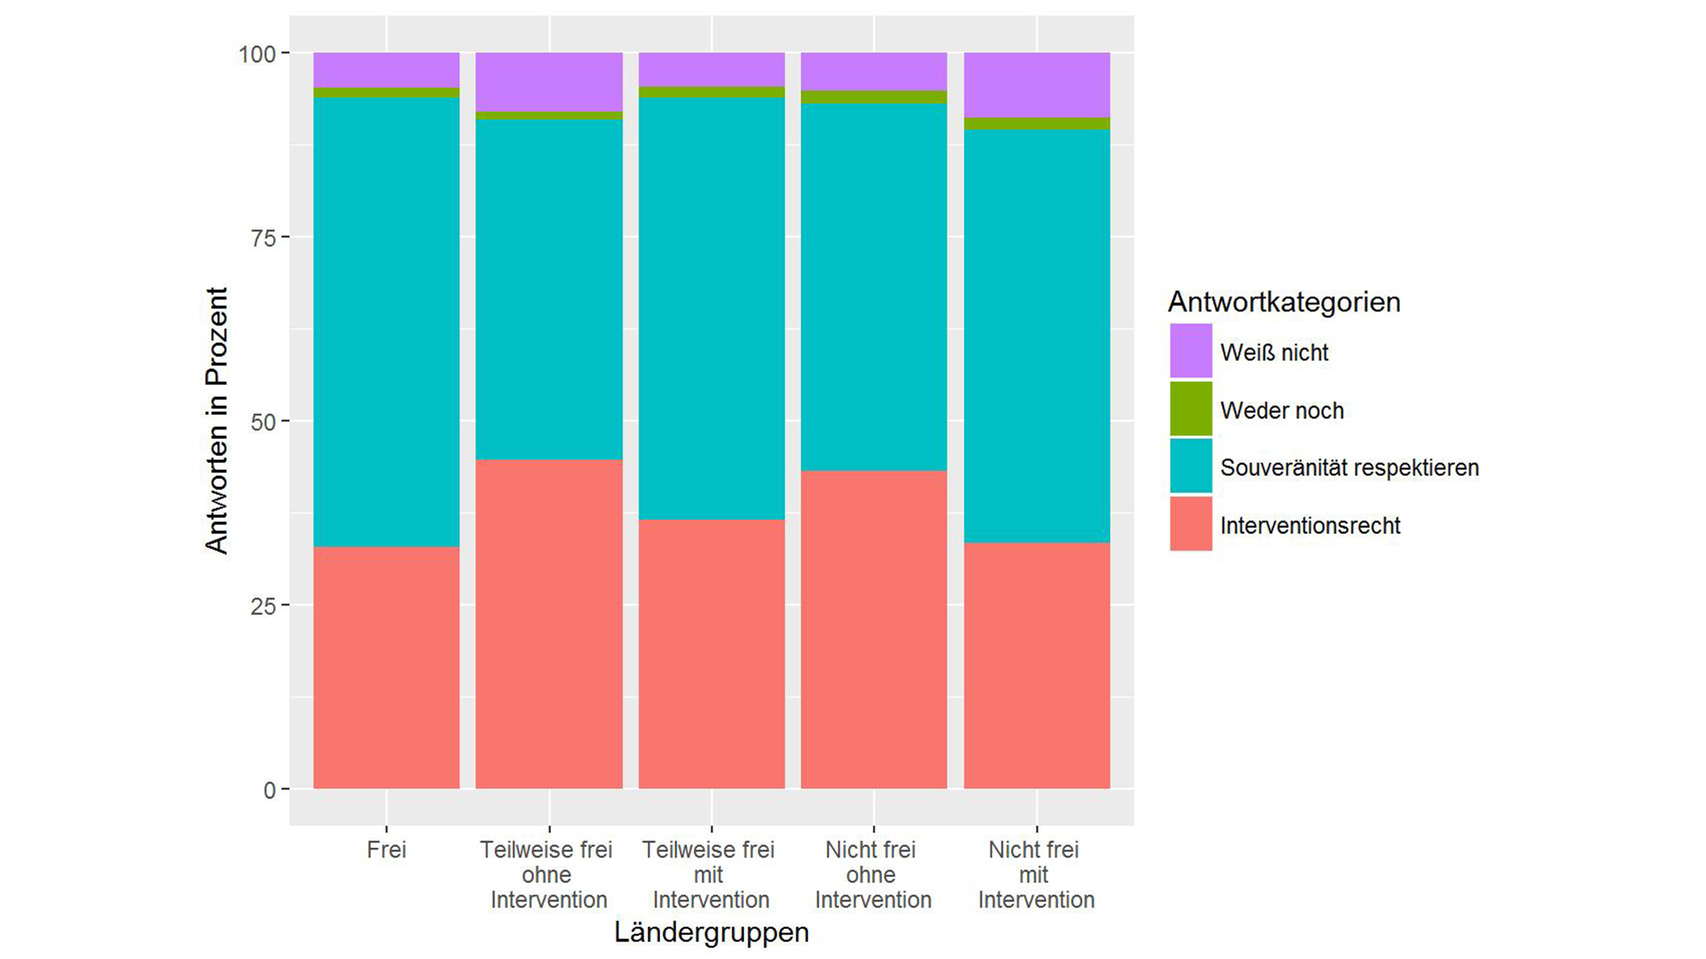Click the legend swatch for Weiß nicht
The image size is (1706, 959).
[x=1191, y=351]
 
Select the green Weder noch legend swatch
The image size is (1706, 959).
[x=1191, y=409]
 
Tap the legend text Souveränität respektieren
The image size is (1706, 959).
[x=1349, y=467]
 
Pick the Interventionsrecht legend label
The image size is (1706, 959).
[x=1309, y=526]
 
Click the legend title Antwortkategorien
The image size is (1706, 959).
[x=1284, y=302]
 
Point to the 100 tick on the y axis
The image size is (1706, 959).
[x=257, y=54]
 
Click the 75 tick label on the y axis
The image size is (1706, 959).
[x=262, y=238]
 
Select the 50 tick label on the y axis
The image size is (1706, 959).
[x=262, y=422]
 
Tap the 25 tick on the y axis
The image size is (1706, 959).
[x=262, y=606]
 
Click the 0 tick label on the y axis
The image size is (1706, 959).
[x=269, y=790]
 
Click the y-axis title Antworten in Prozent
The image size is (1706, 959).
[x=216, y=421]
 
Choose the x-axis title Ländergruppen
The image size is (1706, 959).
[x=711, y=932]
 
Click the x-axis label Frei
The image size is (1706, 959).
[x=386, y=850]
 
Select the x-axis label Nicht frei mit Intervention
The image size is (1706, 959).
[x=1036, y=874]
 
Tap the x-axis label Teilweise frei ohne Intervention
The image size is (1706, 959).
[x=548, y=874]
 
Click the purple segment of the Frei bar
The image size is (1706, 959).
[x=386, y=70]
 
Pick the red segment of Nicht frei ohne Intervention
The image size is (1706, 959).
[x=874, y=629]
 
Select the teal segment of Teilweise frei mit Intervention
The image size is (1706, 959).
[x=711, y=308]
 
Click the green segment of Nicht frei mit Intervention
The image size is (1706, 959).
[x=1036, y=124]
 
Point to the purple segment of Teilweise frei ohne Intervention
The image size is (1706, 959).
[x=549, y=82]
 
